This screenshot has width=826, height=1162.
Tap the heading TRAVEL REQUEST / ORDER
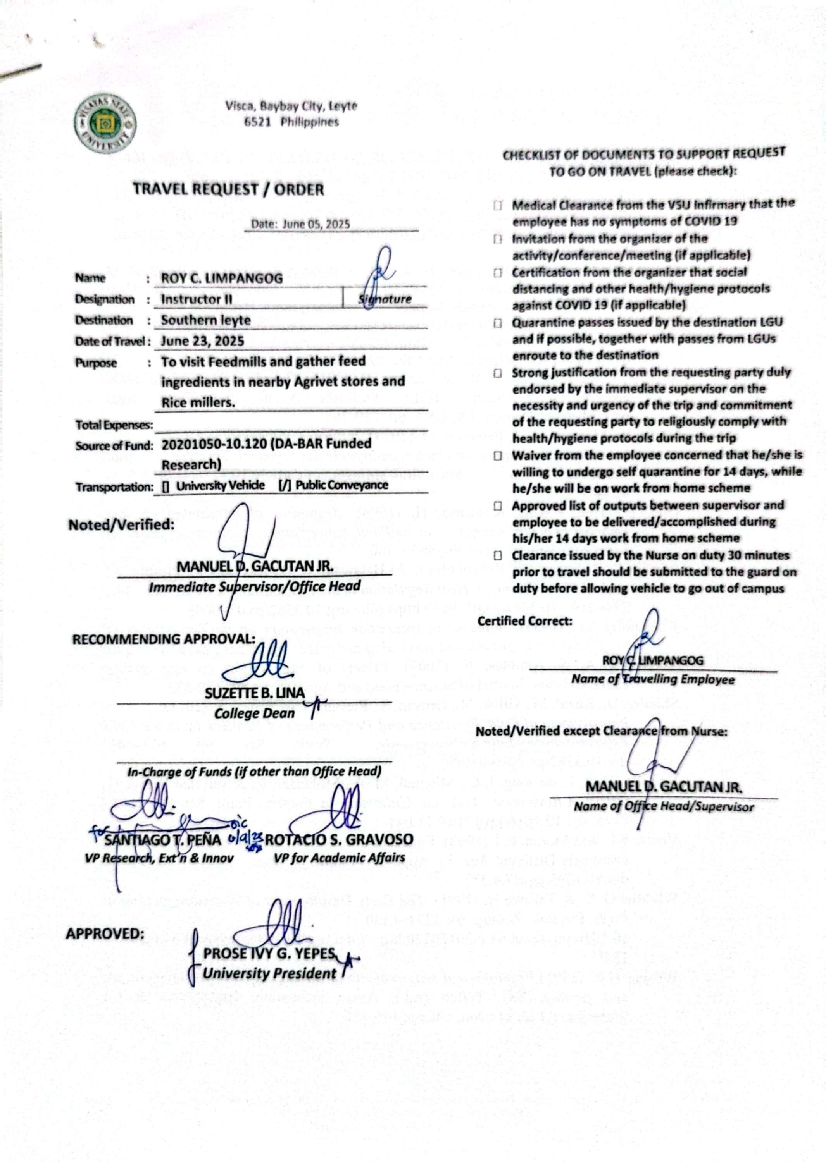pyautogui.click(x=228, y=190)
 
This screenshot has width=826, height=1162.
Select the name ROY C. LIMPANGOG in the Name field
pyautogui.click(x=222, y=278)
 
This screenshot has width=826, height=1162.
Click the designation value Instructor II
pyautogui.click(x=197, y=299)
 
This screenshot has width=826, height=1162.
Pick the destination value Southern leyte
pyautogui.click(x=206, y=320)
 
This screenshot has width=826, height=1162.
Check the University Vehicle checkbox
pyautogui.click(x=165, y=486)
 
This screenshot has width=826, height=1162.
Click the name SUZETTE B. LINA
pyautogui.click(x=255, y=693)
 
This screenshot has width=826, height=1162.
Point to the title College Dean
pyautogui.click(x=254, y=713)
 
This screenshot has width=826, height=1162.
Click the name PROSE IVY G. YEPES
pyautogui.click(x=269, y=954)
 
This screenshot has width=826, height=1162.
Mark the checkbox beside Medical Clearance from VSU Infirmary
pyautogui.click(x=498, y=206)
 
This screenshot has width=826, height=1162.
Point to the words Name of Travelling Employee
pyautogui.click(x=653, y=680)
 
